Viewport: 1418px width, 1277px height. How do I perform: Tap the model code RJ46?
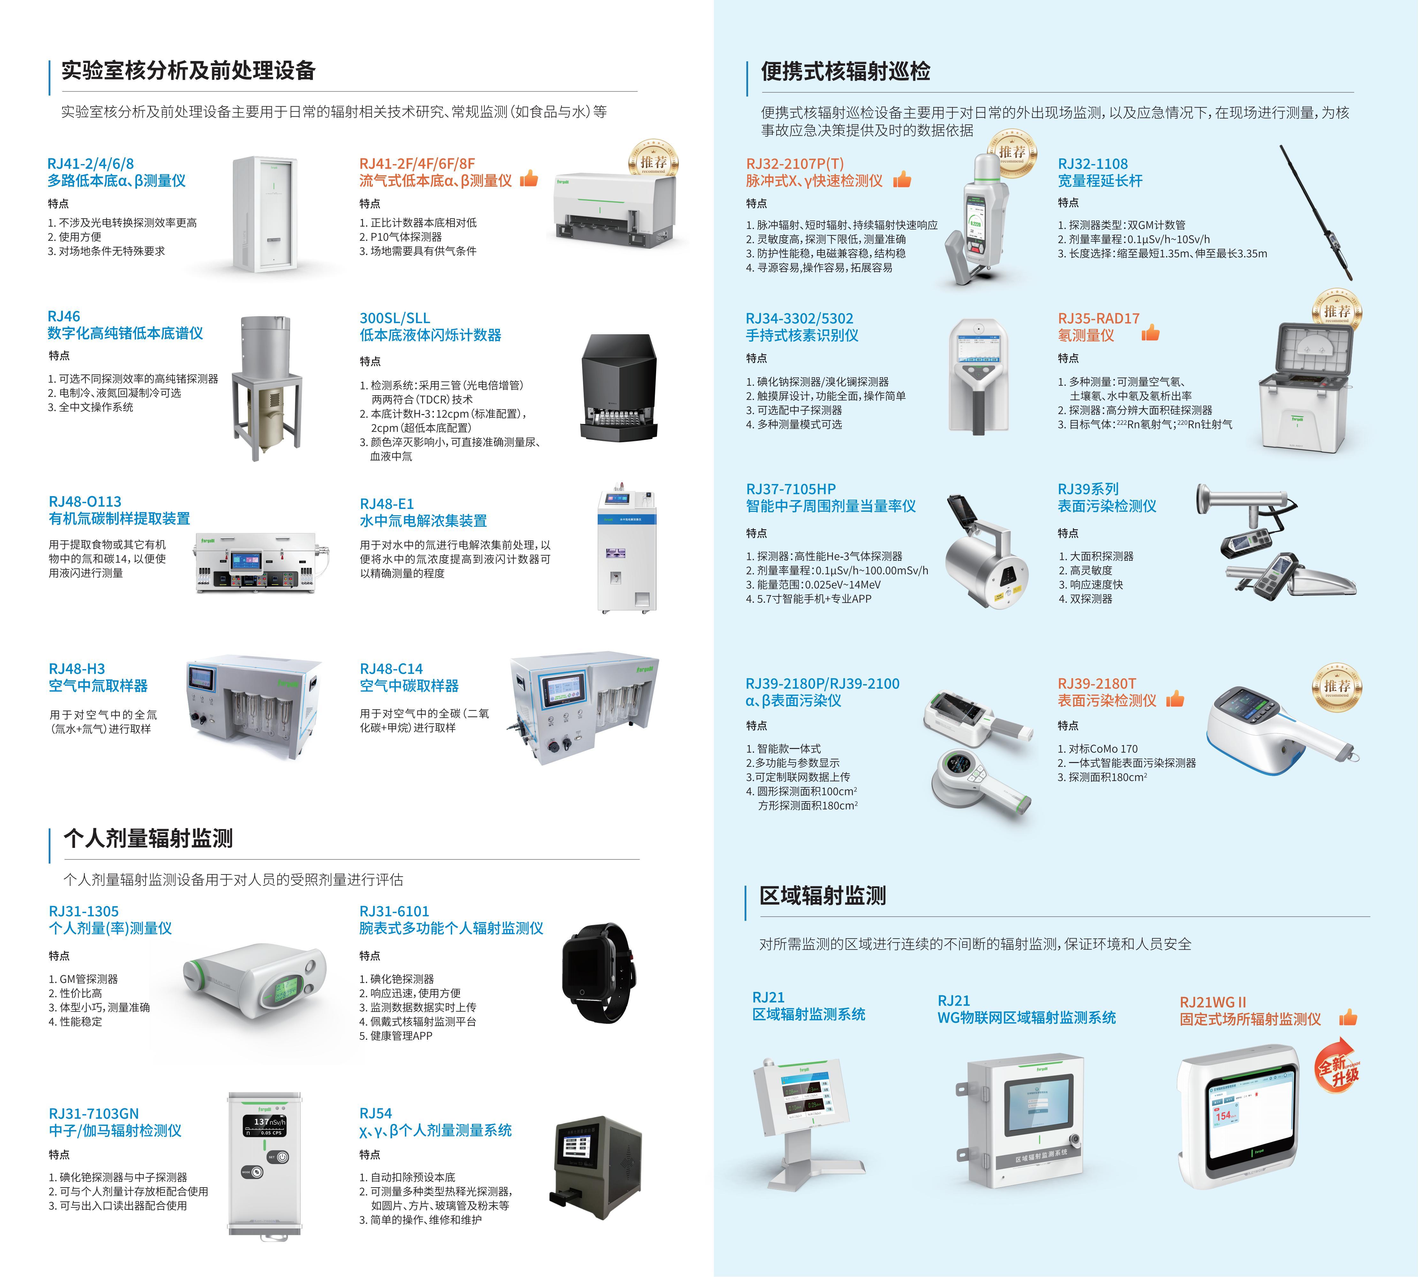pyautogui.click(x=64, y=316)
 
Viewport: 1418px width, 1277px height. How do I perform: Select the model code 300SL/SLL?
pyautogui.click(x=394, y=318)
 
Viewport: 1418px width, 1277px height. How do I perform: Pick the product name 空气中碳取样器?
pyautogui.click(x=409, y=685)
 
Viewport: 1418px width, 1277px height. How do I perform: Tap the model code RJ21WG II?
pyautogui.click(x=1212, y=1002)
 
